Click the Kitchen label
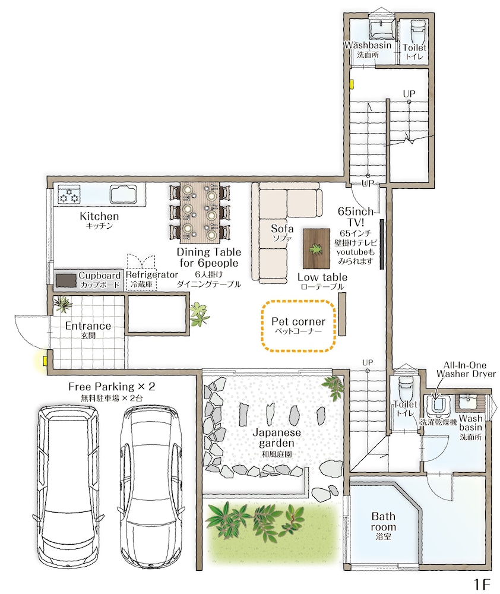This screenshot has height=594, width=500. [x=99, y=216]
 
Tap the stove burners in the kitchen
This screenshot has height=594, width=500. [x=69, y=194]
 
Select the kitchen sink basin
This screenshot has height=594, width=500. [x=122, y=194]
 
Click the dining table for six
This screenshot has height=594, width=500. [x=200, y=213]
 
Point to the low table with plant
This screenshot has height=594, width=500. [x=317, y=248]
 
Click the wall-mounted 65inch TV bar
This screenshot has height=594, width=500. [x=381, y=244]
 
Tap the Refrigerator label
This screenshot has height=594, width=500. [x=151, y=274]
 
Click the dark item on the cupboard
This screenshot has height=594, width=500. [x=66, y=281]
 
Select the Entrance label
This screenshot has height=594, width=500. [x=88, y=326]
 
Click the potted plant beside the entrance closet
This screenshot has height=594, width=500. [x=199, y=314]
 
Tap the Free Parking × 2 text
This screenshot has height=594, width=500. [x=112, y=387]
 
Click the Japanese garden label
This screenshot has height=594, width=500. [x=277, y=438]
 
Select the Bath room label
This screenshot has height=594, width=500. [x=384, y=522]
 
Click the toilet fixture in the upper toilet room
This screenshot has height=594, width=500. [x=418, y=27]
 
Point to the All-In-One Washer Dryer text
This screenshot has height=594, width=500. [x=466, y=369]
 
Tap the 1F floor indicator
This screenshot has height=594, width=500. [x=482, y=584]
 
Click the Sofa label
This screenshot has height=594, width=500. [x=282, y=229]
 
